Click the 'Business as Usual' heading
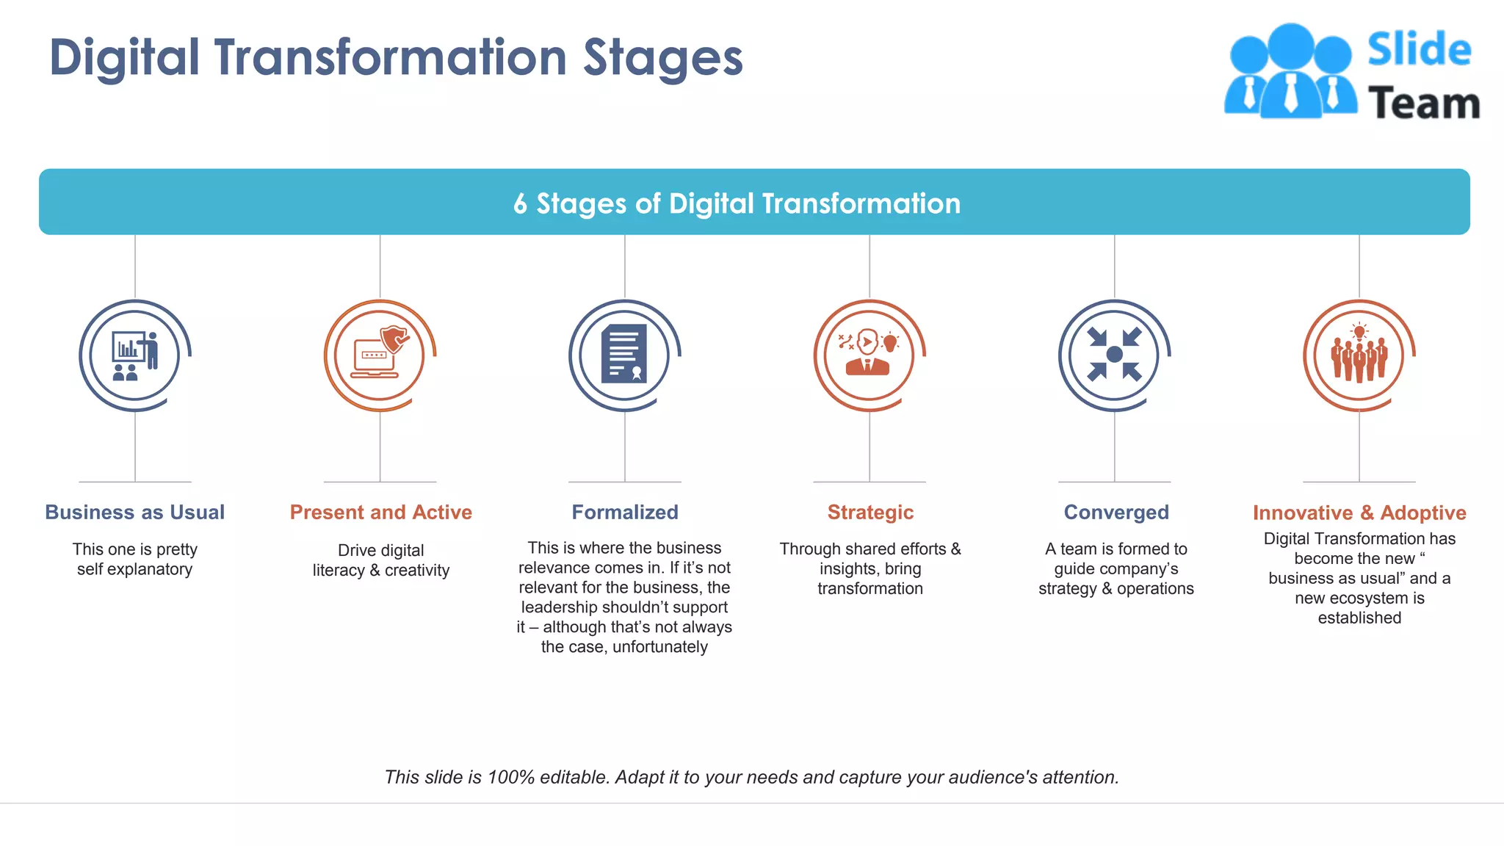(134, 512)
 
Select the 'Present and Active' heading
(380, 512)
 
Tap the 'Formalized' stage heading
(625, 512)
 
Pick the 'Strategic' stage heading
(870, 512)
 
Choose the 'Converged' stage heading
(1116, 512)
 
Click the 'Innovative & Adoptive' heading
(1359, 513)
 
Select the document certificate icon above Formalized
(624, 354)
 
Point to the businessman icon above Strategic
(868, 353)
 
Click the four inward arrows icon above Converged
(1114, 355)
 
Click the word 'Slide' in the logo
(1419, 50)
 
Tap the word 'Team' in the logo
(1423, 103)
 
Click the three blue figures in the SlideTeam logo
(1290, 72)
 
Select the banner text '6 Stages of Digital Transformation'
(737, 203)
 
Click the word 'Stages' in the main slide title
(662, 59)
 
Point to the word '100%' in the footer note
(510, 777)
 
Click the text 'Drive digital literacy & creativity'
(380, 560)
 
